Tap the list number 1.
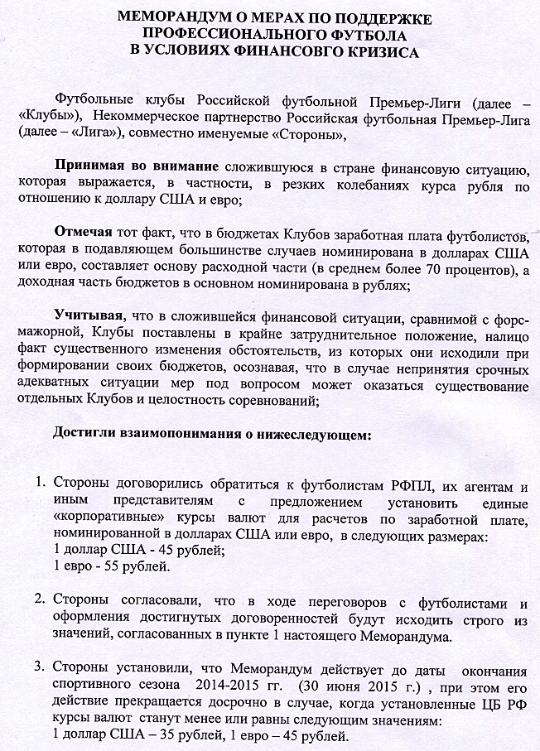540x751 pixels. [37, 482]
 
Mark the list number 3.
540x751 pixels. [37, 667]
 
